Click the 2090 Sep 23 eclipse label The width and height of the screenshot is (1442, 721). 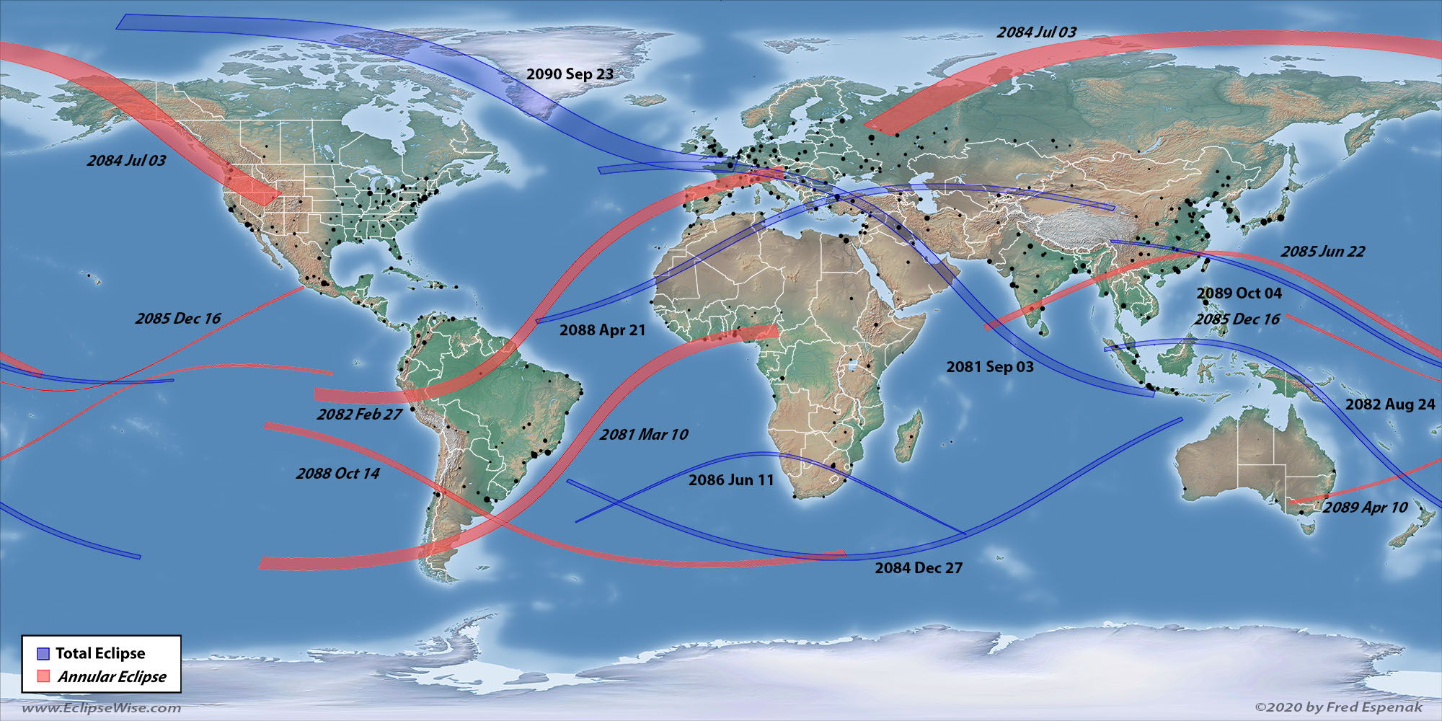point(570,74)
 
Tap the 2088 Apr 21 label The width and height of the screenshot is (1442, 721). point(602,330)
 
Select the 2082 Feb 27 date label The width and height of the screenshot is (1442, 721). point(359,415)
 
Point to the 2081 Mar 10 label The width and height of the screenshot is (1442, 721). point(644,435)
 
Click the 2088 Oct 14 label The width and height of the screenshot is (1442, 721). point(337,474)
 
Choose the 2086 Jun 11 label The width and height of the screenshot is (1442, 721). point(730,480)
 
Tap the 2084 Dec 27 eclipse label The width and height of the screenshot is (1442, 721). point(919,568)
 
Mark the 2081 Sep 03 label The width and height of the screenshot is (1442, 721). point(990,367)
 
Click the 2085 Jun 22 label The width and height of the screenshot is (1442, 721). point(1322,252)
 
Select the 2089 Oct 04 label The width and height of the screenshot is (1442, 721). point(1239,293)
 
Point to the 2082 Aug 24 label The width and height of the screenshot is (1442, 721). point(1390,404)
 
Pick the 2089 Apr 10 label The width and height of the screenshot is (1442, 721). point(1365,508)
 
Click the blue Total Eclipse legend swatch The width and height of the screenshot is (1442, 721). point(43,654)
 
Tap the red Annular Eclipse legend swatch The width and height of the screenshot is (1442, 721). point(43,676)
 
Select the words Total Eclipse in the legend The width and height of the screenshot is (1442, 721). point(100,653)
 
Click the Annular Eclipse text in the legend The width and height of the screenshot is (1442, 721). point(112,677)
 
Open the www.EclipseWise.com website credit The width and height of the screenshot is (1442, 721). point(102,708)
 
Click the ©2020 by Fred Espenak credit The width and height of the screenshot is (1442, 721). point(1338,707)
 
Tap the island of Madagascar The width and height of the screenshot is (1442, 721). point(908,436)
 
